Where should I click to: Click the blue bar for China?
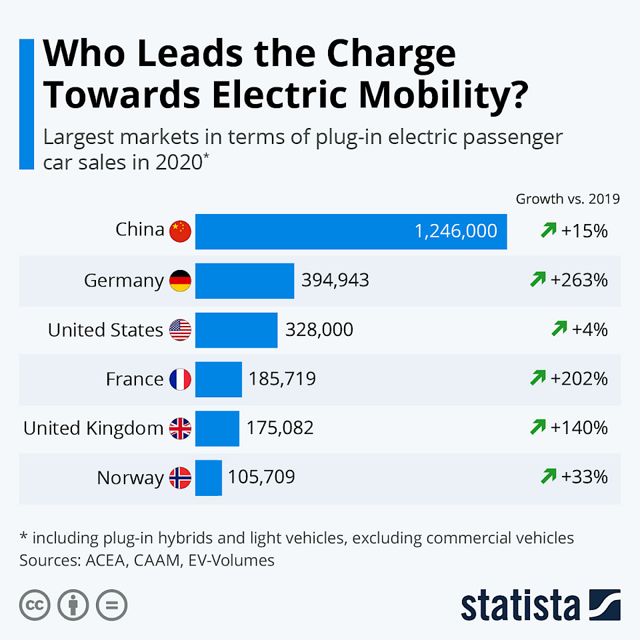click(x=351, y=231)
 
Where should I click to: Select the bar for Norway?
click(x=208, y=477)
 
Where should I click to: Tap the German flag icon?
click(x=180, y=281)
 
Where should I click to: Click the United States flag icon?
click(x=180, y=330)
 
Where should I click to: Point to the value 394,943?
click(x=335, y=281)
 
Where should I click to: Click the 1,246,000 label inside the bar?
click(x=455, y=231)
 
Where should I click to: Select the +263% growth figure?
click(x=579, y=281)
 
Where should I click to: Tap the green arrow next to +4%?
click(x=559, y=329)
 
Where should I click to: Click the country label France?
click(x=134, y=379)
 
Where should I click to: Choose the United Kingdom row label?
click(x=93, y=428)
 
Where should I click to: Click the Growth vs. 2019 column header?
click(x=567, y=199)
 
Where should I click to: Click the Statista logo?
click(x=540, y=604)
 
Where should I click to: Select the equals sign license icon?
click(x=111, y=605)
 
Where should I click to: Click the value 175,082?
click(x=279, y=428)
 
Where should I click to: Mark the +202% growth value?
click(x=579, y=379)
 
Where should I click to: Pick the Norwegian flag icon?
click(x=180, y=477)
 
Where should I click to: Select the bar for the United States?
click(x=236, y=330)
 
